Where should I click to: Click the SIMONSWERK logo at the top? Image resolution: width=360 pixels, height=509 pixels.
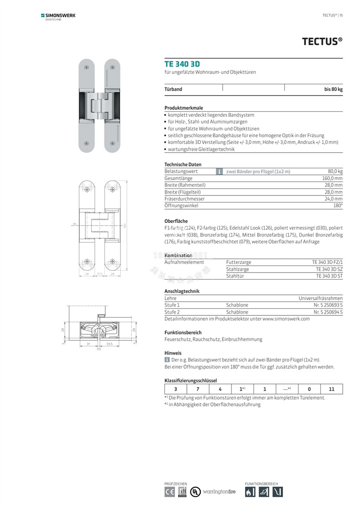58,16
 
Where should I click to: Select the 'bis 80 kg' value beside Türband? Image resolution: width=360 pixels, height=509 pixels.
333,89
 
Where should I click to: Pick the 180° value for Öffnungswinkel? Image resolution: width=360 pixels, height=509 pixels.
338,206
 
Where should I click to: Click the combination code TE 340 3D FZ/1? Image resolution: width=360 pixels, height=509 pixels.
327,262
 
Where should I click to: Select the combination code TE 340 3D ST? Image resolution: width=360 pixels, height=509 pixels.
329,276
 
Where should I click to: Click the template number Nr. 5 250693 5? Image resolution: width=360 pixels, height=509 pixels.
328,305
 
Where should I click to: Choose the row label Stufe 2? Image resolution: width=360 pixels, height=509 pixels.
172,312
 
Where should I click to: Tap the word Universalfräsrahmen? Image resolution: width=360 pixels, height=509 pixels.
320,298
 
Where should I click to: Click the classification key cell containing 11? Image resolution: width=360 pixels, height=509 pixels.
331,389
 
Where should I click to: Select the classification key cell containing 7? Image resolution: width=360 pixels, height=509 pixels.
198,389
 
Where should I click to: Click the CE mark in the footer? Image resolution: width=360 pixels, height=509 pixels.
170,492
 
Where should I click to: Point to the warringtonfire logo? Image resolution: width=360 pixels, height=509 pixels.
219,492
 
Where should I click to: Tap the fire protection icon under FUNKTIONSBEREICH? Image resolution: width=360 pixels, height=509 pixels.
250,492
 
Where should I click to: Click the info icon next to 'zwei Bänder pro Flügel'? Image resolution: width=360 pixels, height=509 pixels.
219,171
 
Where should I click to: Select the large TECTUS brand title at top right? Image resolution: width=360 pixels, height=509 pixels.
322,41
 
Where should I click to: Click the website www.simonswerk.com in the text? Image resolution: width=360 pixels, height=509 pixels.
286,319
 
